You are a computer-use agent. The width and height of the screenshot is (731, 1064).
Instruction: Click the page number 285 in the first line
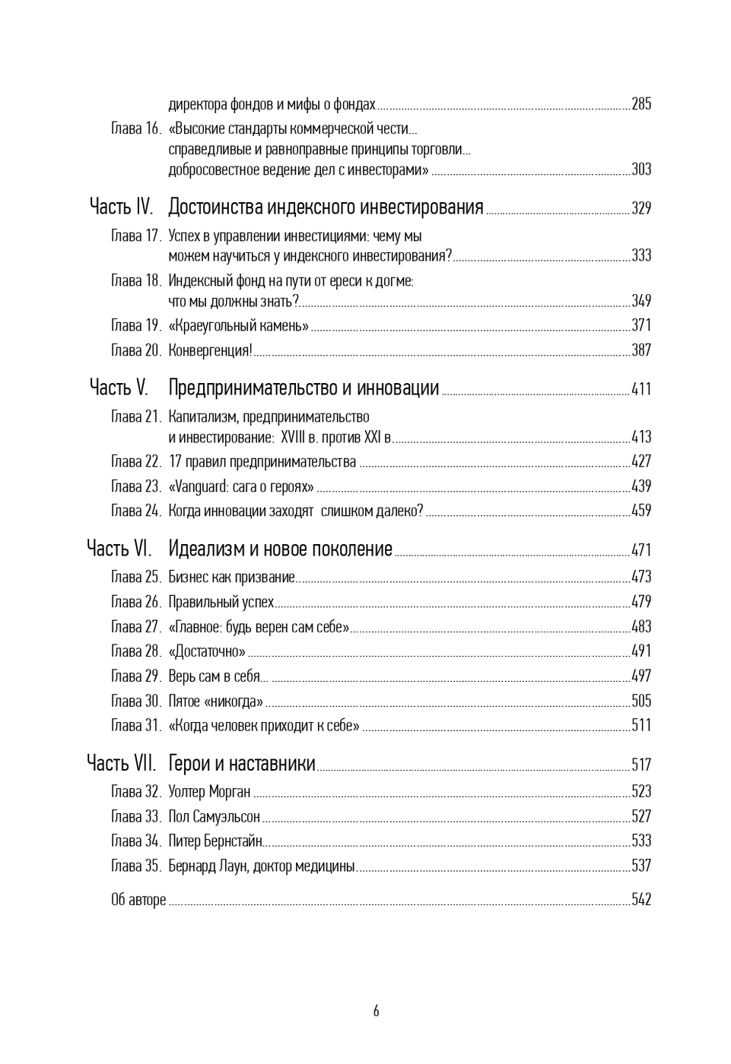(x=641, y=104)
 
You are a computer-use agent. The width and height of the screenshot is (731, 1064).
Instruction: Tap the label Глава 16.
(x=136, y=128)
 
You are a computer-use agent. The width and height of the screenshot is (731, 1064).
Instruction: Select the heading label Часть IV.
(x=121, y=207)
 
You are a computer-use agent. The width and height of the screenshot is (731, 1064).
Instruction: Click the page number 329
(x=641, y=208)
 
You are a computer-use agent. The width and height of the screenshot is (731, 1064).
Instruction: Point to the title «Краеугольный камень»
(x=238, y=326)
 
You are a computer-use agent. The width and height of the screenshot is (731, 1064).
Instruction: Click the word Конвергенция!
(x=210, y=350)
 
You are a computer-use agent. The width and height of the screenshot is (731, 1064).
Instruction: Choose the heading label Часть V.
(x=119, y=388)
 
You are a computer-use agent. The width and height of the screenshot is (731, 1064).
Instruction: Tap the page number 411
(x=641, y=389)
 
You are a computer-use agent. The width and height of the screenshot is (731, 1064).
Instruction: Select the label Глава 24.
(x=136, y=511)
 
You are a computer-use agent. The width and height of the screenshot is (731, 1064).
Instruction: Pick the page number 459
(x=641, y=511)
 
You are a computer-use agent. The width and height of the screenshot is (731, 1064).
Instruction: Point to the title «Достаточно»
(x=207, y=651)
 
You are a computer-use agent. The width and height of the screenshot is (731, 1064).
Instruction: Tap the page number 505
(x=641, y=701)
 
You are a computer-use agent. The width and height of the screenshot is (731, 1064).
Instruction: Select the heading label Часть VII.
(x=121, y=763)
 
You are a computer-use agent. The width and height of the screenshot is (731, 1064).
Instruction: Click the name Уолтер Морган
(x=209, y=792)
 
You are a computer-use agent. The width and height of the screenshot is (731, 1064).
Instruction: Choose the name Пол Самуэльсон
(x=214, y=816)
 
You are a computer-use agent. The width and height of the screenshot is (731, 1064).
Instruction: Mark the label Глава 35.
(x=136, y=866)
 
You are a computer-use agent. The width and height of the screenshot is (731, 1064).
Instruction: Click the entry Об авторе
(x=138, y=900)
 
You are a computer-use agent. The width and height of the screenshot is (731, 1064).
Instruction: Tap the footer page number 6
(x=376, y=1012)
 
